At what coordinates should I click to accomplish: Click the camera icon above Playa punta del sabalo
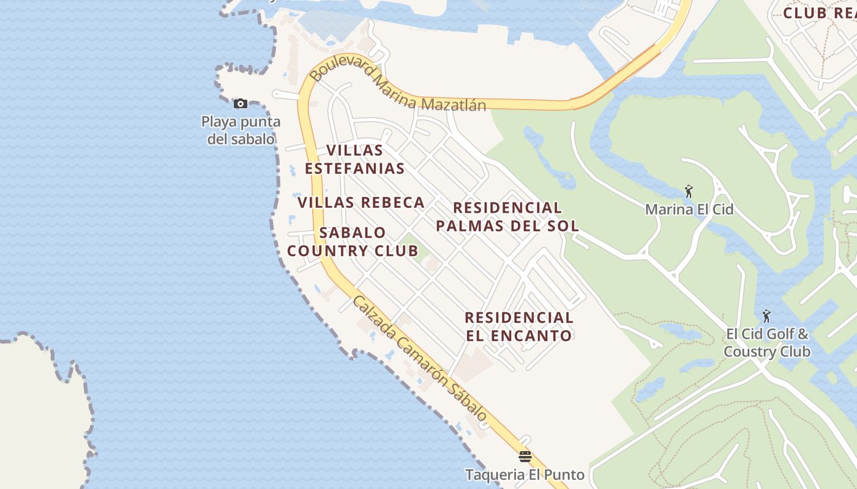pyautogui.click(x=241, y=103)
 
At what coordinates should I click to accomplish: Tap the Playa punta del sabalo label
pyautogui.click(x=241, y=130)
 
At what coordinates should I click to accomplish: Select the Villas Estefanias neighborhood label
pyautogui.click(x=355, y=159)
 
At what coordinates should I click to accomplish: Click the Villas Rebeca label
pyautogui.click(x=361, y=202)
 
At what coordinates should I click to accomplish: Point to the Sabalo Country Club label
pyautogui.click(x=353, y=241)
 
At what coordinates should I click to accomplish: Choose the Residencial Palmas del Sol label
pyautogui.click(x=507, y=216)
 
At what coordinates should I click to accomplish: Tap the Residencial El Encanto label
pyautogui.click(x=519, y=326)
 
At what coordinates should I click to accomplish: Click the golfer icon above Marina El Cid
pyautogui.click(x=689, y=191)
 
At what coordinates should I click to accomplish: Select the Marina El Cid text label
pyautogui.click(x=689, y=210)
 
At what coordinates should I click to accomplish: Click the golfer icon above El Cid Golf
pyautogui.click(x=766, y=316)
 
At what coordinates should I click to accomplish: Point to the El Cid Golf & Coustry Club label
pyautogui.click(x=767, y=343)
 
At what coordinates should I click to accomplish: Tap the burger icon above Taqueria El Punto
pyautogui.click(x=525, y=456)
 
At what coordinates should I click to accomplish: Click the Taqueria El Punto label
pyautogui.click(x=525, y=474)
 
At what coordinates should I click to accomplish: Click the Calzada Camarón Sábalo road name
pyautogui.click(x=420, y=359)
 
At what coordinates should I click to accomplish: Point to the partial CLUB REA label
pyautogui.click(x=819, y=13)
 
